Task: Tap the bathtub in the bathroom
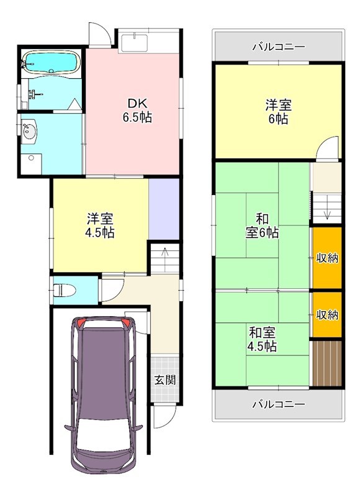coord(50,62)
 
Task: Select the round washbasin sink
coord(29,132)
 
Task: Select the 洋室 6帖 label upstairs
coord(277,112)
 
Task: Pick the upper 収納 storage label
coord(327,258)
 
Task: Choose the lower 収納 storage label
coord(327,314)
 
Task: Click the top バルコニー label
coord(278,46)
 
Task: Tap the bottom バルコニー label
coord(278,404)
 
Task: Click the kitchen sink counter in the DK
coord(133,42)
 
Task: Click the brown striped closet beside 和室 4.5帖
coord(327,363)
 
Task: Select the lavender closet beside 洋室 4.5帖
coord(164,209)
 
